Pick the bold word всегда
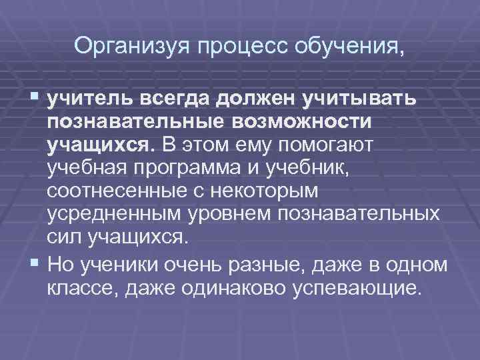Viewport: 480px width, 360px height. [x=177, y=99]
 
